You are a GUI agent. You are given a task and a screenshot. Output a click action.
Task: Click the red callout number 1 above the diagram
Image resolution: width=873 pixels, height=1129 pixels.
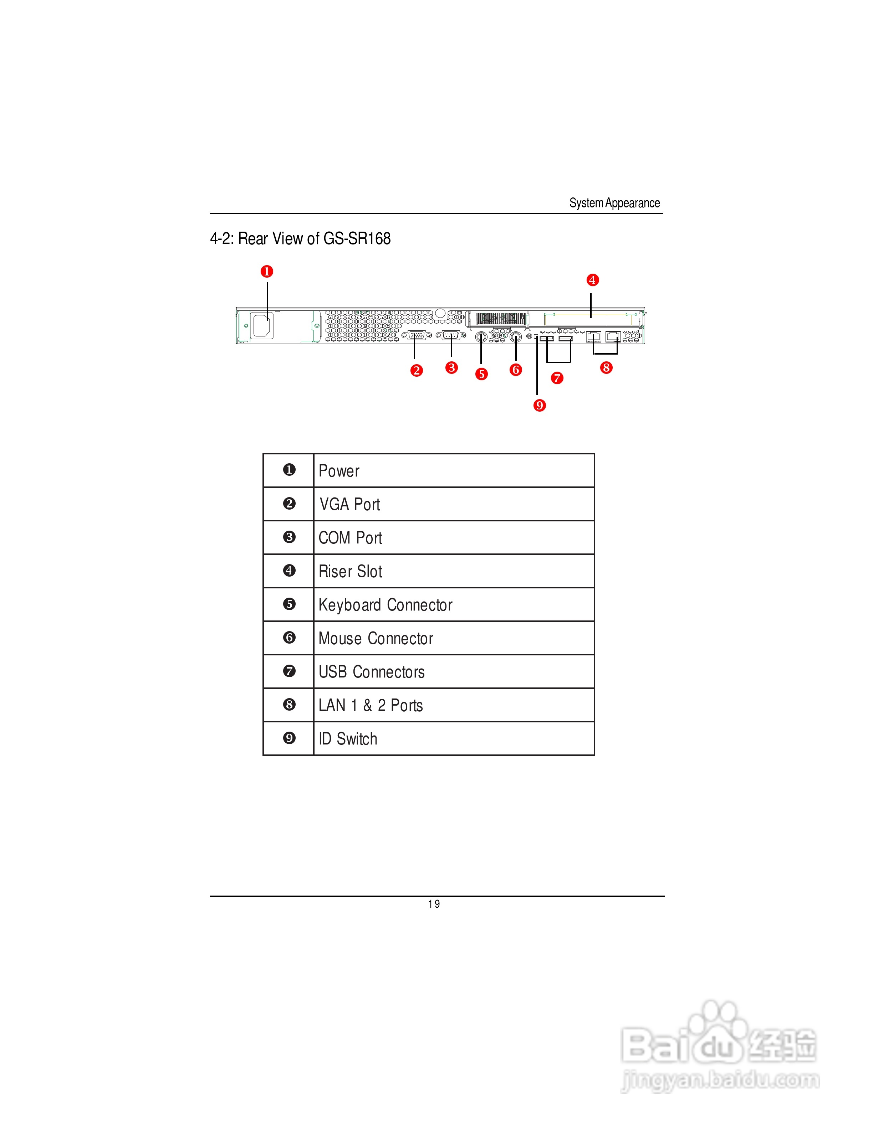(x=267, y=272)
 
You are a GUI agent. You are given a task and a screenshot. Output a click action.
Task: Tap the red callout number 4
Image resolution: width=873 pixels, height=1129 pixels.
(x=592, y=280)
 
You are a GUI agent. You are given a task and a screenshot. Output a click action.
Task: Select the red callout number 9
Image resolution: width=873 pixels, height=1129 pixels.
(x=540, y=405)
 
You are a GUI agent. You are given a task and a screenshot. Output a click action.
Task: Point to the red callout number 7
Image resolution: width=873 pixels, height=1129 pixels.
(x=557, y=378)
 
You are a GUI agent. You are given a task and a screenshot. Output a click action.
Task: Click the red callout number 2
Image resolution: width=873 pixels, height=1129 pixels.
(x=416, y=371)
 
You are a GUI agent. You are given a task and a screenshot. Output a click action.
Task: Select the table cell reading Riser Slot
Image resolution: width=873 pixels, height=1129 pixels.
(x=454, y=571)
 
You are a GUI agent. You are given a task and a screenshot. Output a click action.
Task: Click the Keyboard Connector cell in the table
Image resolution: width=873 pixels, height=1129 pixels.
(x=454, y=605)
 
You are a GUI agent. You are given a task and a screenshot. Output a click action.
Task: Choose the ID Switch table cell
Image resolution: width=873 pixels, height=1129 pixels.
(x=454, y=739)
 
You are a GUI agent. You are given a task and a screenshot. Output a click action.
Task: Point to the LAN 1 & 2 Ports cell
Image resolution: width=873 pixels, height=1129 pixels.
(x=454, y=705)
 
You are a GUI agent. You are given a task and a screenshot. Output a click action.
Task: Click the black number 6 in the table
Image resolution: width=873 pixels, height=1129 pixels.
(x=289, y=638)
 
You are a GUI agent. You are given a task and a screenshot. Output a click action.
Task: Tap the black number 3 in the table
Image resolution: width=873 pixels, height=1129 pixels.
(x=289, y=537)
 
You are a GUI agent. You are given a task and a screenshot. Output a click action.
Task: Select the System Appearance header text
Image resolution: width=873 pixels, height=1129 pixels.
(x=614, y=203)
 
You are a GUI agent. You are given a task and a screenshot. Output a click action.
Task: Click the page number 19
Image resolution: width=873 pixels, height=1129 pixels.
(x=434, y=904)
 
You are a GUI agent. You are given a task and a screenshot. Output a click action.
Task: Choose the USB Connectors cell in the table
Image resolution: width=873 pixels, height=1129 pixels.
(x=454, y=671)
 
